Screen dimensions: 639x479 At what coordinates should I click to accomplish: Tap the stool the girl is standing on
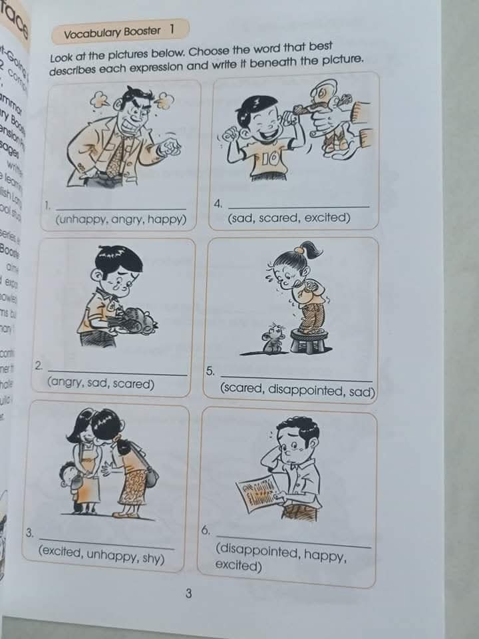pyautogui.click(x=307, y=340)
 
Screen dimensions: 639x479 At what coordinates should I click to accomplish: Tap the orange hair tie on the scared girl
pyautogui.click(x=300, y=250)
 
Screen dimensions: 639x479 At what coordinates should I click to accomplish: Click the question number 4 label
pyautogui.click(x=218, y=203)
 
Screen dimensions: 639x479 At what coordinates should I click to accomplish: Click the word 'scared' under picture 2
pyautogui.click(x=132, y=384)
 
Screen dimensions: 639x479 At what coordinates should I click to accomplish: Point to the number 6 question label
pyautogui.click(x=206, y=530)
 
